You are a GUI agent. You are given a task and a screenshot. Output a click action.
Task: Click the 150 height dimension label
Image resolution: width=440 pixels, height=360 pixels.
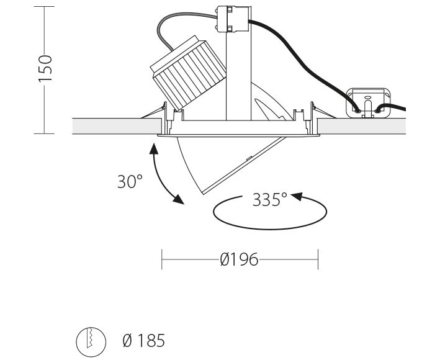coord(45,68)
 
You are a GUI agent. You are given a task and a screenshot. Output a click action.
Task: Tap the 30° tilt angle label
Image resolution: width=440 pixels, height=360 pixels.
coord(130,181)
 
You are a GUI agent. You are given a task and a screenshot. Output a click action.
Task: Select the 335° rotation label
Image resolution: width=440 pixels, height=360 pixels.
coord(270,199)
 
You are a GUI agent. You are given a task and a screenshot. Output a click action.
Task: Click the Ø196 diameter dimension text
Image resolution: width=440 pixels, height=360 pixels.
coord(239,259)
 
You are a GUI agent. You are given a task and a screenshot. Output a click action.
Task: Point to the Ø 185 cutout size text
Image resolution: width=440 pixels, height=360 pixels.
coord(144,340)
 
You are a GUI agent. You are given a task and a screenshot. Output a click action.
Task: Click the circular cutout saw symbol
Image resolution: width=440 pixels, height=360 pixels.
coord(91,342)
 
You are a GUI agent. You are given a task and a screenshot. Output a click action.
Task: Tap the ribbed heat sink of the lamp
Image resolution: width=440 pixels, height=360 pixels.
coord(188,73)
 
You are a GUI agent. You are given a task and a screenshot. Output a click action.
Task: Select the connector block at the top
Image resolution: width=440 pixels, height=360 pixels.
coord(233,19)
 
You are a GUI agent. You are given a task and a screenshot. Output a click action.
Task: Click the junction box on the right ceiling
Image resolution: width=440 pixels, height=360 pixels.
coord(368,102)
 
